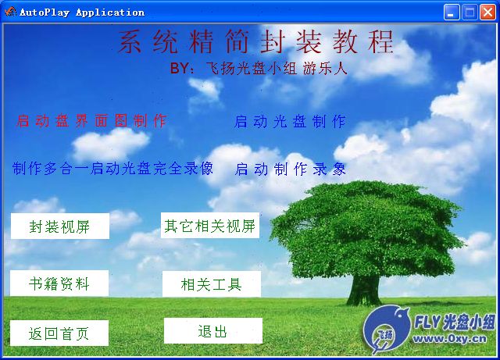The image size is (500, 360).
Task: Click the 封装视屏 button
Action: click(60, 226)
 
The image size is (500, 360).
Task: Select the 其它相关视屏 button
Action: click(210, 226)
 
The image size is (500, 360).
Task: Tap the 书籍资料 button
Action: click(59, 283)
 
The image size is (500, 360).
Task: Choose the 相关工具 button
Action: click(212, 284)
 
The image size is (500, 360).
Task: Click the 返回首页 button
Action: click(59, 333)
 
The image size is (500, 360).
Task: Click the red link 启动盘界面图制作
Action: click(91, 121)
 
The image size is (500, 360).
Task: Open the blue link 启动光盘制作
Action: click(290, 122)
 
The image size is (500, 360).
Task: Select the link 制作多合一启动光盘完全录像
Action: click(112, 168)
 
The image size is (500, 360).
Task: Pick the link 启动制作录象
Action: click(290, 169)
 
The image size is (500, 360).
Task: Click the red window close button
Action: click(487, 12)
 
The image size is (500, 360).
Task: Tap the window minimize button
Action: click(452, 12)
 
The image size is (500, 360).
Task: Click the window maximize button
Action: click(470, 12)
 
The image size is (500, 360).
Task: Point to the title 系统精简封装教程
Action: click(256, 41)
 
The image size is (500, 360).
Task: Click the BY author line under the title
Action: click(259, 68)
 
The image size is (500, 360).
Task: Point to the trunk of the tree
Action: click(364, 290)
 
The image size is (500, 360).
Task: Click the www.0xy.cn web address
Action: click(450, 338)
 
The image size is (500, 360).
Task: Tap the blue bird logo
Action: click(387, 330)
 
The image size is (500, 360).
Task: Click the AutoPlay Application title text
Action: click(82, 12)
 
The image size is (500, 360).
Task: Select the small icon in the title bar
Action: click(10, 12)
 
